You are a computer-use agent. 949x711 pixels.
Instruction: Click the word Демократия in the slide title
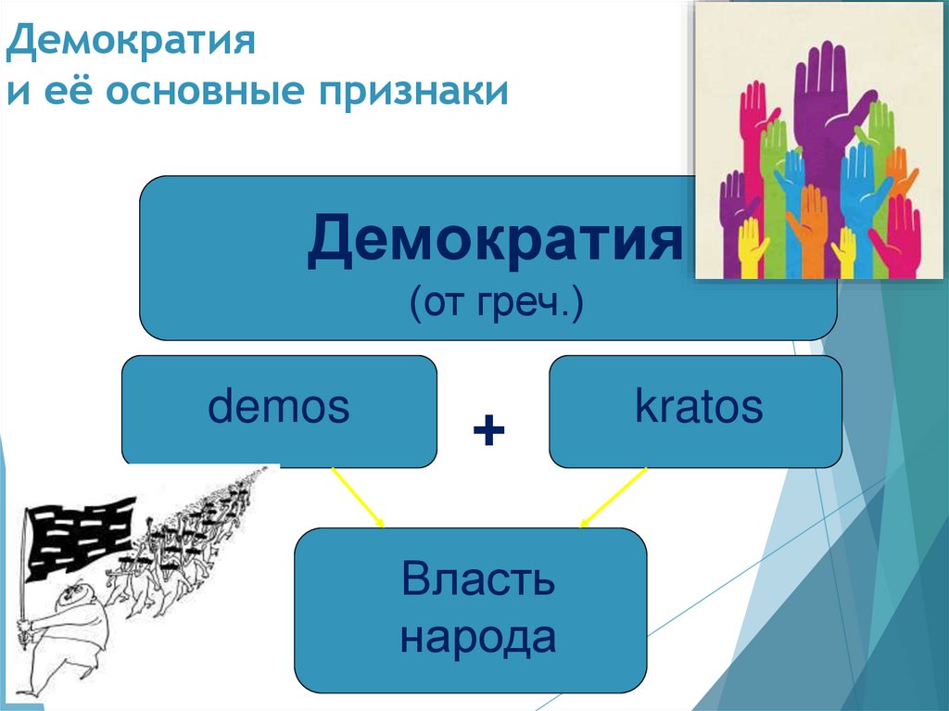(132, 43)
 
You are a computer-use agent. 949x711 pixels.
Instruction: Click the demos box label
(279, 408)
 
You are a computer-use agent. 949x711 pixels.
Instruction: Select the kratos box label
(698, 407)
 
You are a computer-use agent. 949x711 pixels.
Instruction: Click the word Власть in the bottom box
(478, 580)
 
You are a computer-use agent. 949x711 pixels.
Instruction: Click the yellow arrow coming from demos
(358, 498)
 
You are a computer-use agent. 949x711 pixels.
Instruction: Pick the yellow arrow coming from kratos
(613, 499)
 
